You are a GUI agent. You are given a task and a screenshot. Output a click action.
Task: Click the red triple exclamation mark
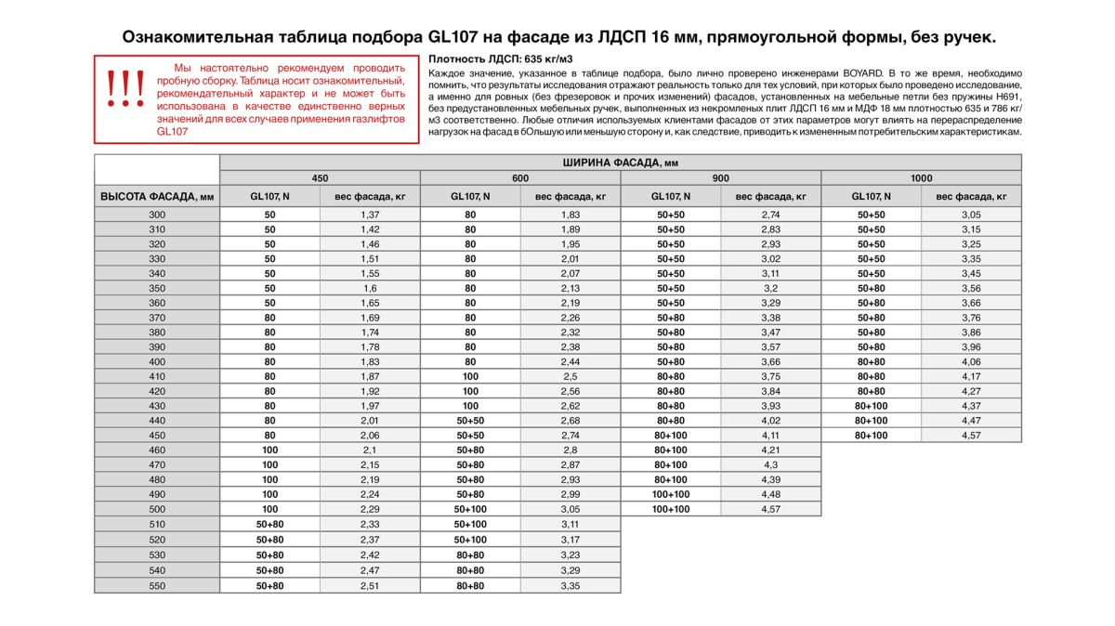[x=125, y=89]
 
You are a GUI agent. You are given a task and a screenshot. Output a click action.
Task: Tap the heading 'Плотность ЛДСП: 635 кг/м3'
[x=487, y=59]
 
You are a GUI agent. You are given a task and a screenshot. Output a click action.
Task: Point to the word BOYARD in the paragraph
[x=866, y=72]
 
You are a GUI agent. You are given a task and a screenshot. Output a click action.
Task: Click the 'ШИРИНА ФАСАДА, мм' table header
[x=620, y=163]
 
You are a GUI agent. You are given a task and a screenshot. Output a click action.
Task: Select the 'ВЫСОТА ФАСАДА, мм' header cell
[x=157, y=196]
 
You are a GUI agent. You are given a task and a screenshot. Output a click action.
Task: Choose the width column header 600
[x=520, y=177]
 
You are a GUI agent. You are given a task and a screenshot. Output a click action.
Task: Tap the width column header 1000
[x=921, y=177]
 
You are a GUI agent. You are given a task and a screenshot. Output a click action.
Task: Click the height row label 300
[x=157, y=215]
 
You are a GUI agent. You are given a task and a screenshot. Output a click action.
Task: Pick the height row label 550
[x=157, y=586]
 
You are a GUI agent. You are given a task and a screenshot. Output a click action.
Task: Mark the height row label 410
[x=157, y=376]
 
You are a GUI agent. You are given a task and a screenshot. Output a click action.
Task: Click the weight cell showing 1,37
[x=370, y=215]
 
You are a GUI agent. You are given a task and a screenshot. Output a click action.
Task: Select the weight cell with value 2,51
[x=370, y=586]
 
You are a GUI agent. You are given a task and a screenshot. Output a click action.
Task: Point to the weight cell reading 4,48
[x=770, y=494]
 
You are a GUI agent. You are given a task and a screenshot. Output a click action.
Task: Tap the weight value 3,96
[x=971, y=346]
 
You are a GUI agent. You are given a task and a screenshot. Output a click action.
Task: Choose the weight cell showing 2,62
[x=571, y=406]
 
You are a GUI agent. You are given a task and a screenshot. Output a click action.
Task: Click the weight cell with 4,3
[x=770, y=464]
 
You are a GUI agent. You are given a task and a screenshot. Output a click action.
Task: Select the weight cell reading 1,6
[x=370, y=288]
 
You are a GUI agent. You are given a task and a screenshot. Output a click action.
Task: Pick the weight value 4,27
[x=971, y=391]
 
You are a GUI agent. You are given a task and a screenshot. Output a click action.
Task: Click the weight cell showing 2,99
[x=571, y=494]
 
